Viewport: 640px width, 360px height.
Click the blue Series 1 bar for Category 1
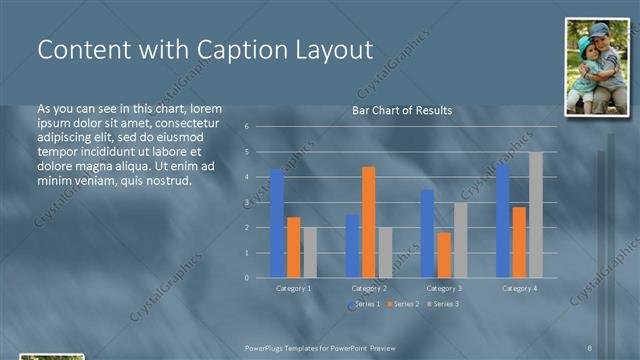(277, 223)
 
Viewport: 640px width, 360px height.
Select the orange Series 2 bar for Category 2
(368, 222)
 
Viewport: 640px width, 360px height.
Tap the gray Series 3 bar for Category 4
(536, 215)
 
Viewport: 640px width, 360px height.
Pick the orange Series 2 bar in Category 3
(444, 255)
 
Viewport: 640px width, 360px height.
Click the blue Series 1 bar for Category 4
(502, 221)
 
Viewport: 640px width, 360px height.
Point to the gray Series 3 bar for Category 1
(310, 252)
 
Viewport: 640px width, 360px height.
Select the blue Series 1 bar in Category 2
(352, 245)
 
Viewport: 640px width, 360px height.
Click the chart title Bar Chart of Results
(402, 110)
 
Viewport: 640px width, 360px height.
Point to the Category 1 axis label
(293, 288)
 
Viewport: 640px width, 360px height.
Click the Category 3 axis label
(444, 288)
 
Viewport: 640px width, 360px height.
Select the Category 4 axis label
(519, 288)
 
